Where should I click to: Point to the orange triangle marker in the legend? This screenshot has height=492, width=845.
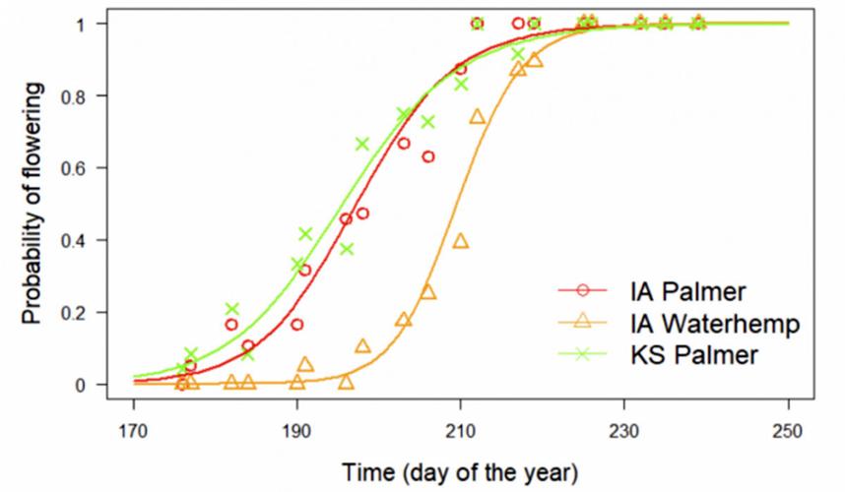[583, 322]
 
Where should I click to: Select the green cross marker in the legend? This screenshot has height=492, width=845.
[583, 353]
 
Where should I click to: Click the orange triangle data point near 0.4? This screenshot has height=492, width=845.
[460, 241]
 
